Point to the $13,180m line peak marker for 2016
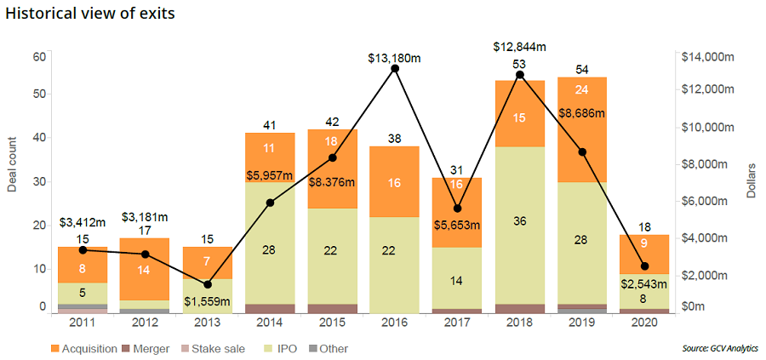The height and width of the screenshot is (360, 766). point(395,68)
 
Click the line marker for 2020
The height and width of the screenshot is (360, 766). point(644,266)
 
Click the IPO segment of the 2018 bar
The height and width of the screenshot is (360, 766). point(519,225)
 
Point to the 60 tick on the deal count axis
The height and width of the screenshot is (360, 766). point(38,56)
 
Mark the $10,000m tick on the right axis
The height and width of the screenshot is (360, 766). point(708,127)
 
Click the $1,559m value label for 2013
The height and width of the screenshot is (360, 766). point(208,300)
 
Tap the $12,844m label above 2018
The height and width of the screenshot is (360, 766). point(519,46)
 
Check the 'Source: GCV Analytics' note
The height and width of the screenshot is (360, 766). point(720,348)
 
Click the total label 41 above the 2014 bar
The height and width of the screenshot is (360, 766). point(270,125)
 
